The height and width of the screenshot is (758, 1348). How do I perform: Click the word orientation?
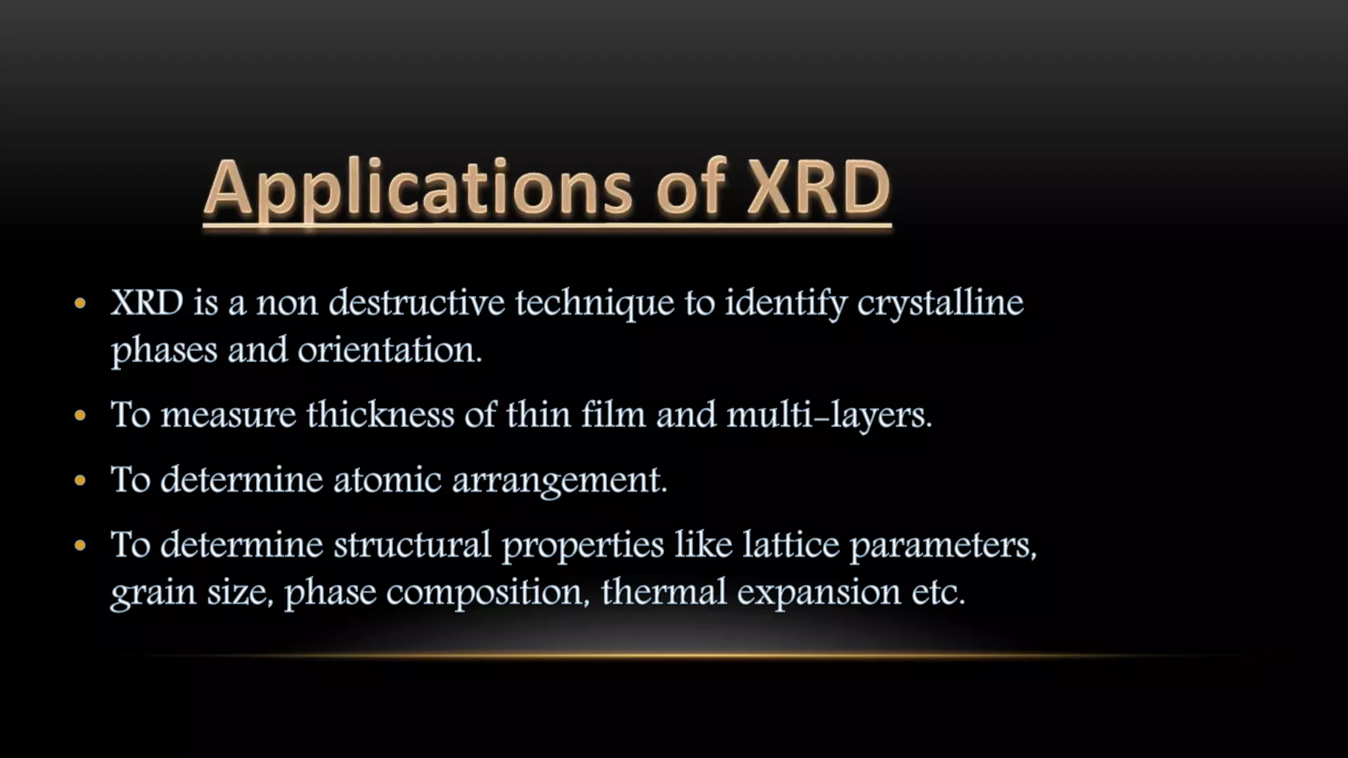coord(390,350)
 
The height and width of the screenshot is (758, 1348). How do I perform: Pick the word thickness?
coord(380,415)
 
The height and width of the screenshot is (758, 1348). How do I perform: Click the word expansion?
coord(819,592)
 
